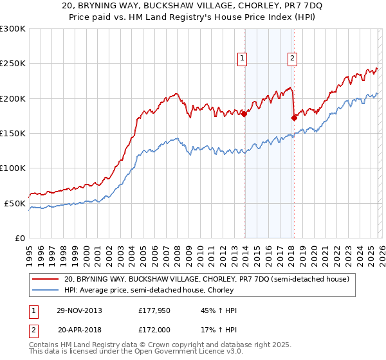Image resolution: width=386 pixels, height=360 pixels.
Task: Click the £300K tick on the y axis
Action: pyautogui.click(x=13, y=29)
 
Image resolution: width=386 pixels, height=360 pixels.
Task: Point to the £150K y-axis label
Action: pyautogui.click(x=13, y=134)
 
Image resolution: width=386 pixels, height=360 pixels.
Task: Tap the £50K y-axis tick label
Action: pyautogui.click(x=15, y=203)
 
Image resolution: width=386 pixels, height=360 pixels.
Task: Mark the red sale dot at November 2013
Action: pyautogui.click(x=244, y=114)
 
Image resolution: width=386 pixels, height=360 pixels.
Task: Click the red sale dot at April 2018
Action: pyautogui.click(x=294, y=118)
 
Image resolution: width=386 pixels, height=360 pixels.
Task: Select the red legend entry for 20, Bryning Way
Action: pyautogui.click(x=206, y=280)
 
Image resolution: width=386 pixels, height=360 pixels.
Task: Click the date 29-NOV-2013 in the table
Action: pyautogui.click(x=79, y=310)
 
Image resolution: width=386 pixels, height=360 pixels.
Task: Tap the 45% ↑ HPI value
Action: pyautogui.click(x=219, y=310)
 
